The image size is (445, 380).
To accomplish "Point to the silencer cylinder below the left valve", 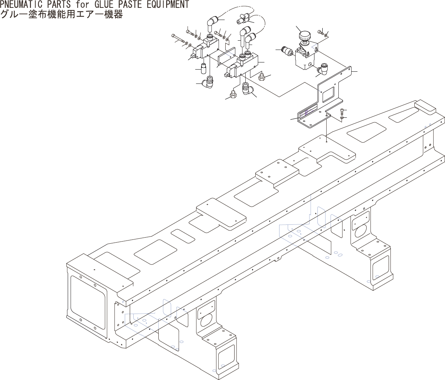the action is [204, 68].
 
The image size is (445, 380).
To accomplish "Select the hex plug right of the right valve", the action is [261, 76].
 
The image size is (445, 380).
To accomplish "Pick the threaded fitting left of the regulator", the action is [287, 51].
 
